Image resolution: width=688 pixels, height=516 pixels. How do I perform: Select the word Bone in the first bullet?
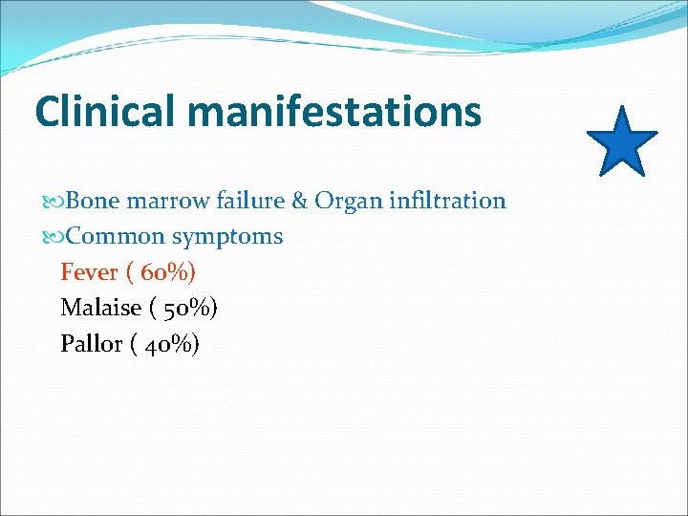pyautogui.click(x=93, y=201)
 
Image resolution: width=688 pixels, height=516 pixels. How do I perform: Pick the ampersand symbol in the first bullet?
pyautogui.click(x=298, y=201)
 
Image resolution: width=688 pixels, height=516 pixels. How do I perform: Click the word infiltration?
pyautogui.click(x=446, y=201)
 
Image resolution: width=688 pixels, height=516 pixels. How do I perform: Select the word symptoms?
pyautogui.click(x=227, y=237)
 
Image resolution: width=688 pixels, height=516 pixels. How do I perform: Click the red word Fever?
pyautogui.click(x=89, y=272)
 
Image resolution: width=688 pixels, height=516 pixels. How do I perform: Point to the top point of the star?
pyautogui.click(x=622, y=107)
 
